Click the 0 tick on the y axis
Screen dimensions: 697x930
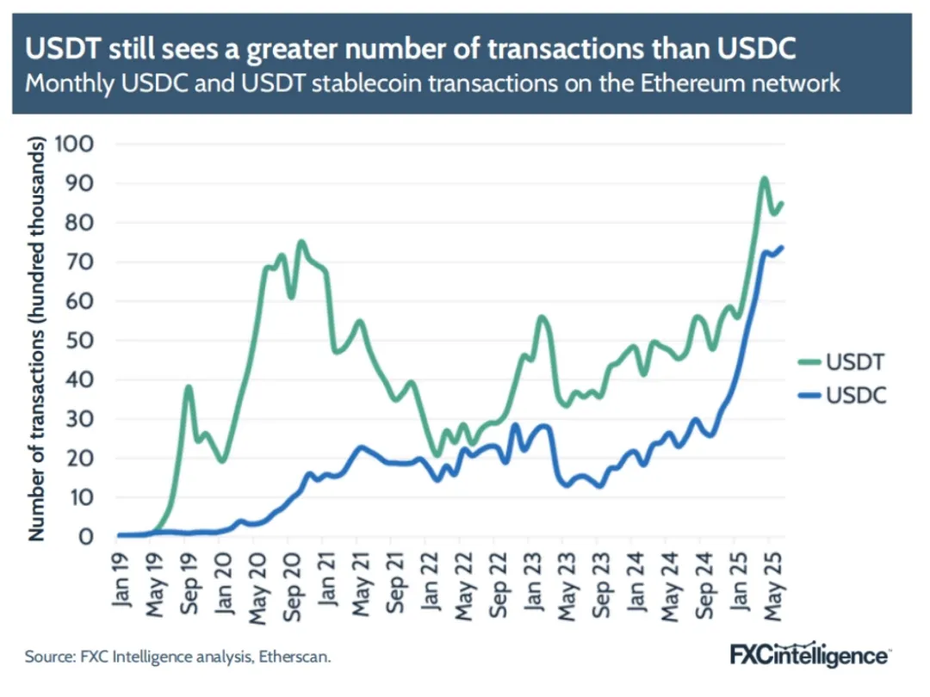point(86,536)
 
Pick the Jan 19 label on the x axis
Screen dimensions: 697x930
point(121,581)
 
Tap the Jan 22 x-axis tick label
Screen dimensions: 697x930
point(429,581)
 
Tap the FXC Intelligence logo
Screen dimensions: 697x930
point(810,655)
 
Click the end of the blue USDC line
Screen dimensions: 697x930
point(781,247)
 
